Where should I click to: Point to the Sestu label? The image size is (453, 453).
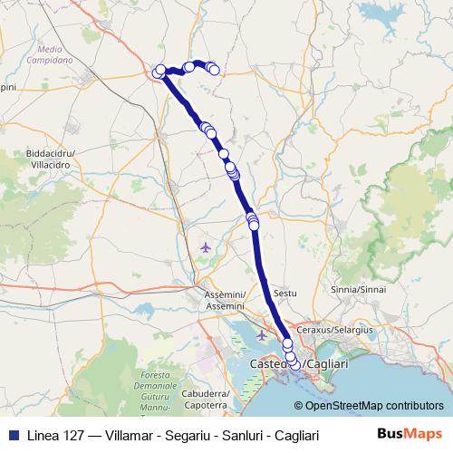(284, 295)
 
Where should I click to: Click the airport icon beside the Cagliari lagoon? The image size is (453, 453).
(262, 335)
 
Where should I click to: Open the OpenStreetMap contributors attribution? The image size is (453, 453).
(375, 406)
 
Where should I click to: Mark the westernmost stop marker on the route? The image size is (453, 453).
(159, 72)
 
